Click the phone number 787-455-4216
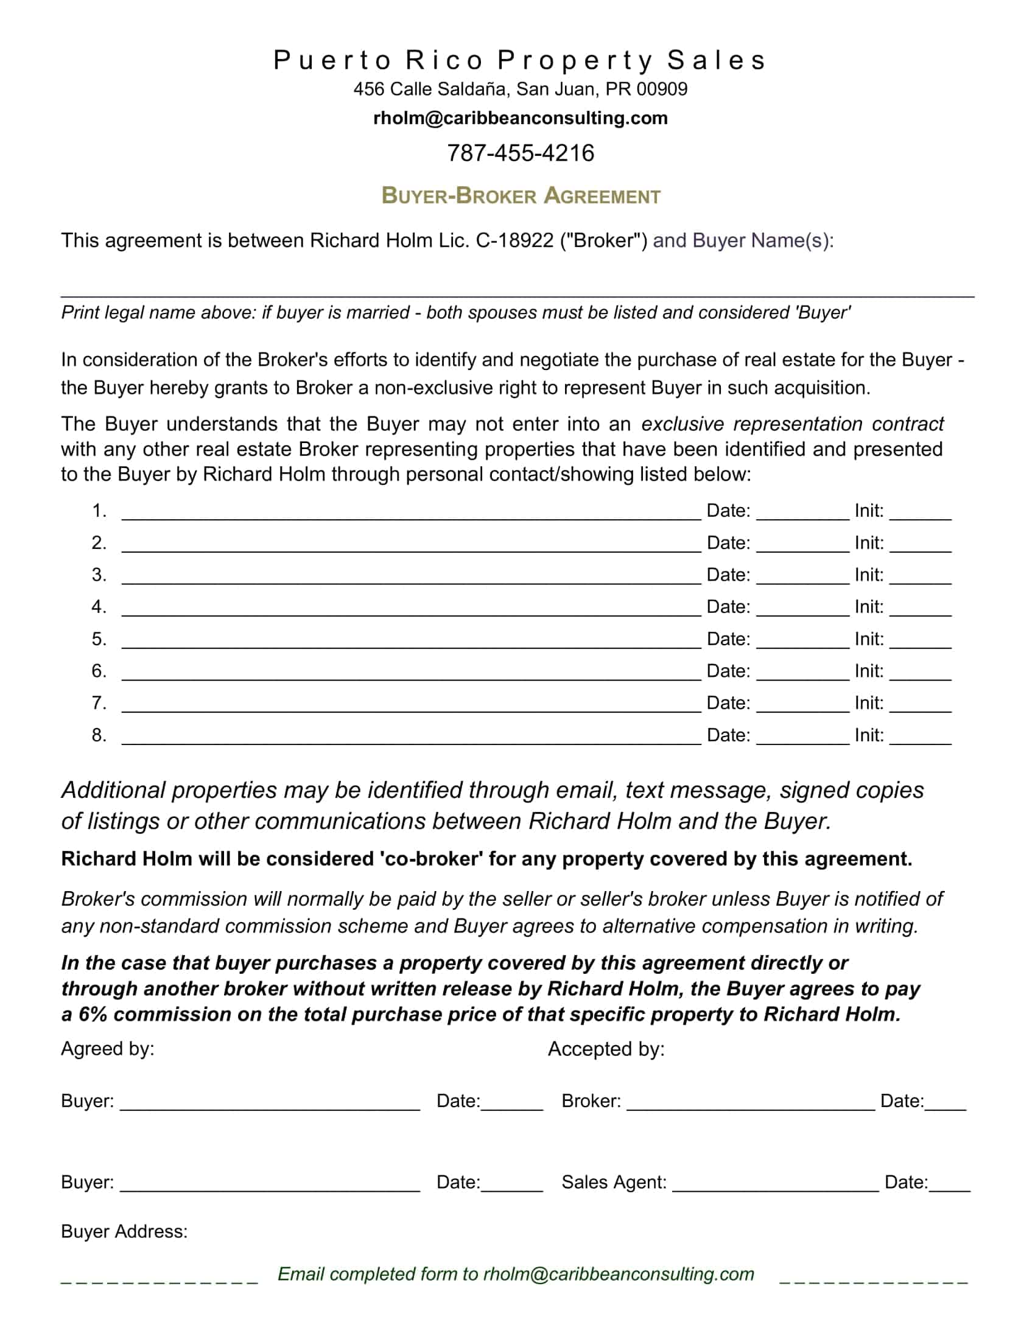coord(520,153)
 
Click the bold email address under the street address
coord(520,117)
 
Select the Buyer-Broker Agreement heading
coord(521,196)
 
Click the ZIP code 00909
coord(662,89)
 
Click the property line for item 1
coord(411,515)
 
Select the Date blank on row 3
coord(802,579)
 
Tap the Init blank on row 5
coord(920,643)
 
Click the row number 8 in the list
coord(99,735)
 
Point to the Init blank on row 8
coord(920,739)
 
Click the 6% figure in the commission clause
coord(93,1015)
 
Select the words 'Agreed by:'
coord(108,1049)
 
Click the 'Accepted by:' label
coord(606,1049)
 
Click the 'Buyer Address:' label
coord(124,1232)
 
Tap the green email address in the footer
coord(618,1274)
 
